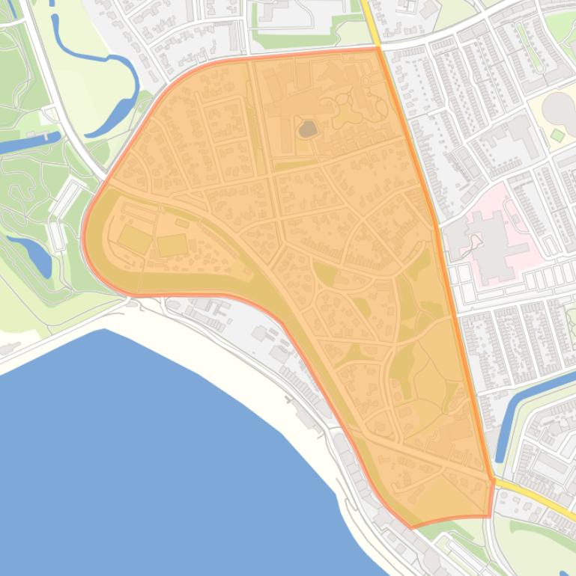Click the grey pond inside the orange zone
(x=307, y=130)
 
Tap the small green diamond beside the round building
(x=557, y=135)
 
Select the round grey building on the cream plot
(x=558, y=110)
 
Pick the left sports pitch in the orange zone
(x=134, y=239)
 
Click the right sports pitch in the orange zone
(x=172, y=245)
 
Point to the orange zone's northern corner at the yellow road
(x=379, y=48)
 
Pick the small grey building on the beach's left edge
(x=9, y=349)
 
